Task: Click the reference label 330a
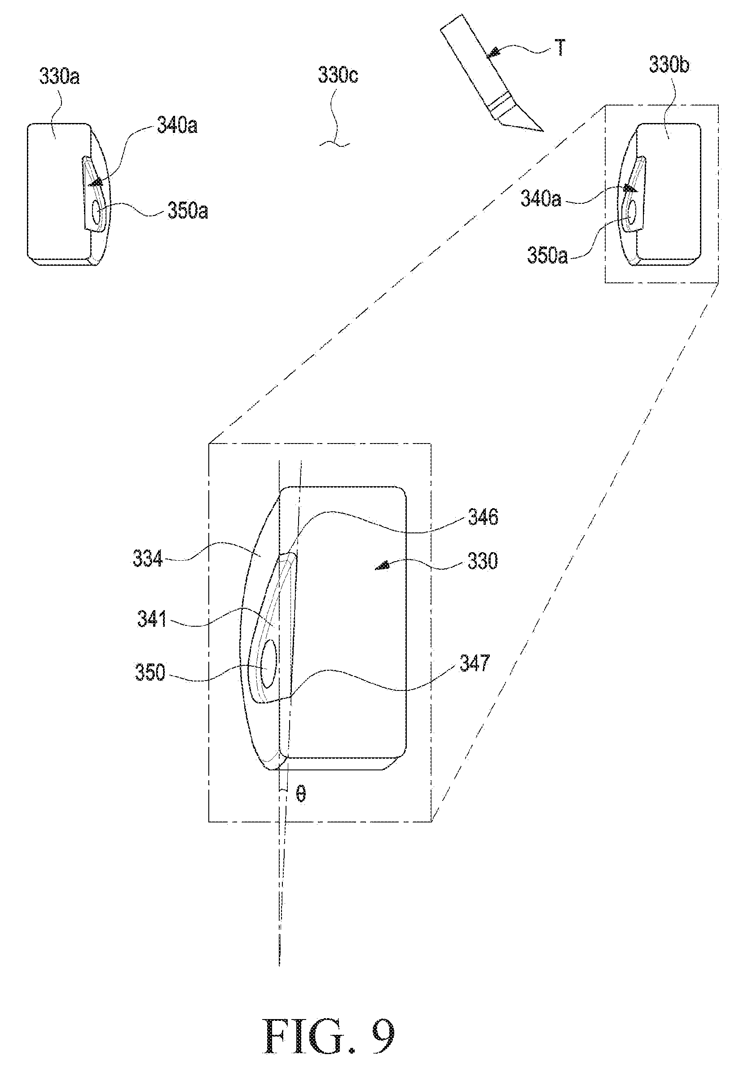point(59,76)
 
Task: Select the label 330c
point(338,75)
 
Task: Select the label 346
point(483,517)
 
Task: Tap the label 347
point(475,663)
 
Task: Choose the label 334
point(147,558)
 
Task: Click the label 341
point(152,619)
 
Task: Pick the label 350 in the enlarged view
point(150,672)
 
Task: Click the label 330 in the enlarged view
point(482,562)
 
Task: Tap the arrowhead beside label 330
point(383,566)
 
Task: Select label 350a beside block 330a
point(188,211)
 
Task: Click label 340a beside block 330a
point(177,125)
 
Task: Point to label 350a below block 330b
point(547,255)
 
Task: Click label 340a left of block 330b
point(541,198)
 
